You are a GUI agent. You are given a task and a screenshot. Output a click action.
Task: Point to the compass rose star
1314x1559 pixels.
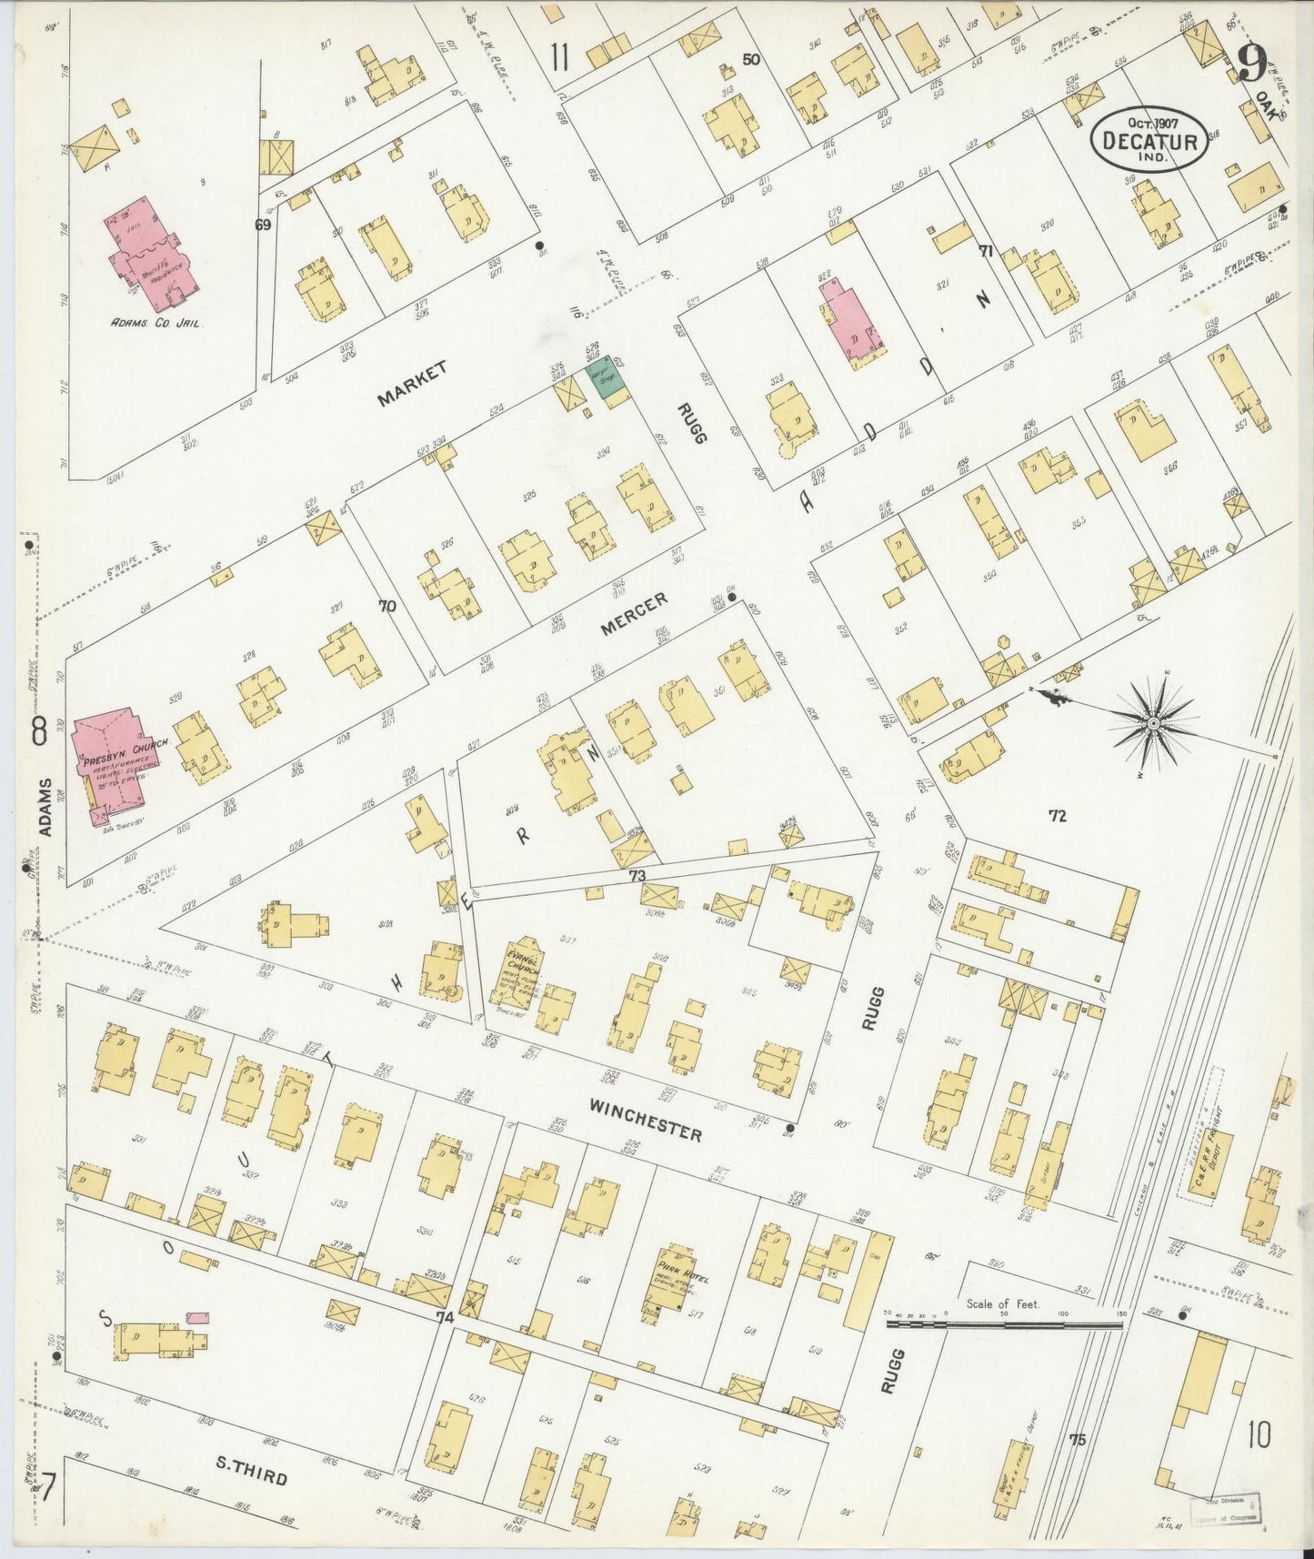(1152, 722)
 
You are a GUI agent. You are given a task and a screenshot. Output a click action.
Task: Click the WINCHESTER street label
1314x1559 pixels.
(645, 1120)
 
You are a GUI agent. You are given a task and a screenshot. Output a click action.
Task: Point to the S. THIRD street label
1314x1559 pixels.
(251, 1473)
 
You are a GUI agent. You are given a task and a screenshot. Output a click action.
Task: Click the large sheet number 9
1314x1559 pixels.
(1253, 64)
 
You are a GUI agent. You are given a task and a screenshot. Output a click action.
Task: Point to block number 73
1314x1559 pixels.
(637, 875)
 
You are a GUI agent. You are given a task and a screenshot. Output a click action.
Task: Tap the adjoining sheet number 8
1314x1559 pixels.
(38, 730)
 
